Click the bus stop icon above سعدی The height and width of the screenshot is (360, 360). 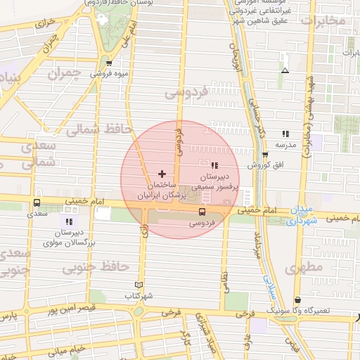click(37, 203)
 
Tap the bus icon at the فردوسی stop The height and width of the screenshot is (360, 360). click(202, 212)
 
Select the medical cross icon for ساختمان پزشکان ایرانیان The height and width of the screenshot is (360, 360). click(162, 173)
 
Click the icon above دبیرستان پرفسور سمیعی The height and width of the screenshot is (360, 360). click(214, 165)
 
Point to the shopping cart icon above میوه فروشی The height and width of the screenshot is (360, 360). click(109, 63)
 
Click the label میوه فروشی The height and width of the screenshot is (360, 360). click(110, 73)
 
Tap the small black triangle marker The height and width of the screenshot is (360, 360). click(285, 70)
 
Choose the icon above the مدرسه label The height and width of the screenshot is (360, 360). click(285, 133)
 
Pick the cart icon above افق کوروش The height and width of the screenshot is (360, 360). click(264, 155)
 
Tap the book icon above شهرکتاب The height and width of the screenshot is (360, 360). click(139, 285)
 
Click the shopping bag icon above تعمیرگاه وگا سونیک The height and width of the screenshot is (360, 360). click(297, 299)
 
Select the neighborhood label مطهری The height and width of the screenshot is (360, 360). click(304, 268)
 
